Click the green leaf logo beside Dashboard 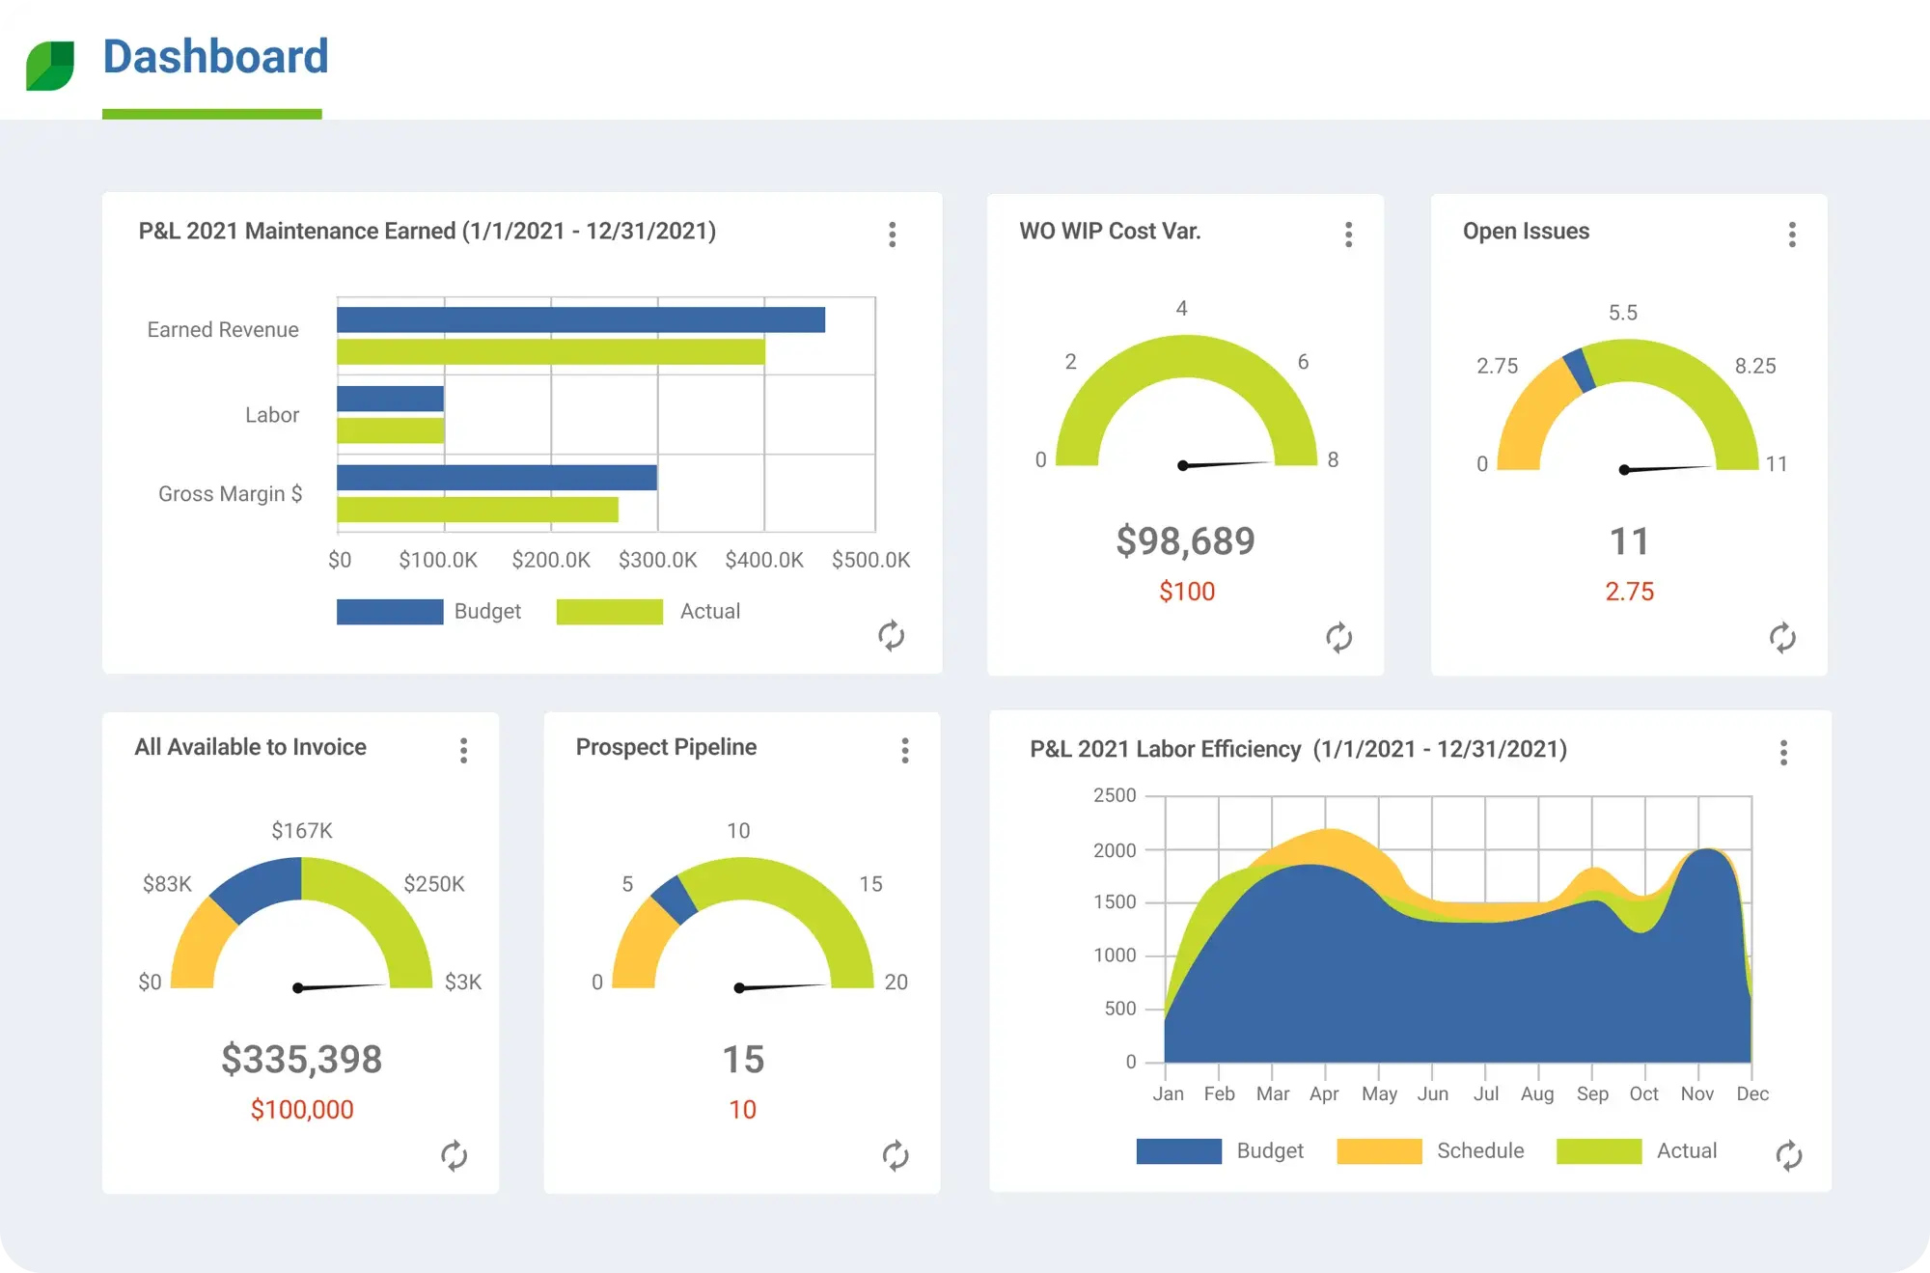[x=50, y=66]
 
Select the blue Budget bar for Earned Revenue [x=580, y=319]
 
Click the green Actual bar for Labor [x=390, y=430]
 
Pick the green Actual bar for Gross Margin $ [x=477, y=510]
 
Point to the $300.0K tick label [x=657, y=560]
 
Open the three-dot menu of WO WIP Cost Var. [x=1348, y=235]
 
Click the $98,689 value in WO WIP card [x=1185, y=541]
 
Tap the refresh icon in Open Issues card [x=1781, y=637]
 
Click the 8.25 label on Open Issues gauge [x=1754, y=366]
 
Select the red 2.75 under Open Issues [x=1629, y=592]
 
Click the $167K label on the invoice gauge [x=301, y=830]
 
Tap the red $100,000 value [x=302, y=1110]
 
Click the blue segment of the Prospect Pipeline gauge [x=675, y=899]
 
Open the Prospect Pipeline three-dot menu [x=904, y=751]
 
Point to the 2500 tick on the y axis [x=1115, y=795]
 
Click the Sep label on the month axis [x=1591, y=1093]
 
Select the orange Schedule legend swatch [x=1378, y=1150]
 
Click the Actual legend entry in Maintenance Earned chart [x=709, y=611]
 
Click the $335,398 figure [x=301, y=1060]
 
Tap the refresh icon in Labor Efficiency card [x=1788, y=1155]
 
